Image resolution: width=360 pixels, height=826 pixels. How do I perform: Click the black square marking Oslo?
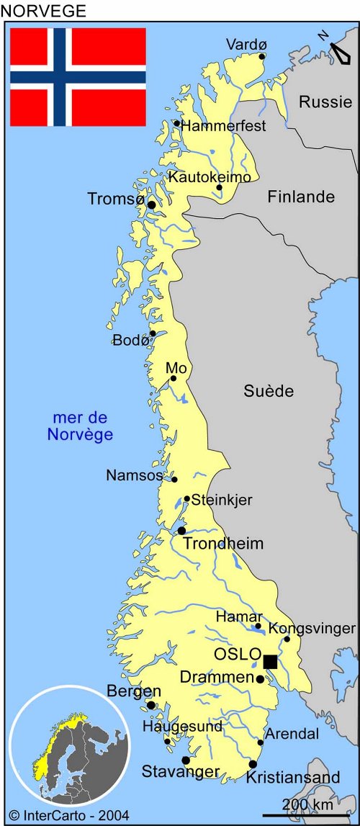(x=270, y=662)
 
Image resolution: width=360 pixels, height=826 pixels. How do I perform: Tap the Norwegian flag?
(x=78, y=77)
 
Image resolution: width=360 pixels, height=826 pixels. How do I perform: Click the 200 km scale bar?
(x=315, y=812)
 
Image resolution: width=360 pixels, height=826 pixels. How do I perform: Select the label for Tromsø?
(x=115, y=199)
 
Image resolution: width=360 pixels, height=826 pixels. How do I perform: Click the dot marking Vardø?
(x=262, y=56)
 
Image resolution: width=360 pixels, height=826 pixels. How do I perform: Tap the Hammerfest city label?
(x=224, y=126)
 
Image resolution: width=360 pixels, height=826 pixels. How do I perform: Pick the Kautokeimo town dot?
(x=220, y=187)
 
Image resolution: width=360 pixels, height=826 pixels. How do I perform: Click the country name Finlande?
(x=302, y=197)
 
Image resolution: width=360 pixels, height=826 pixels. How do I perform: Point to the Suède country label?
(x=269, y=391)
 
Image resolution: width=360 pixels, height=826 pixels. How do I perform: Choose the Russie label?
(x=325, y=102)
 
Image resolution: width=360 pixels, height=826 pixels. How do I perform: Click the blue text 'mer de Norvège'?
(x=80, y=426)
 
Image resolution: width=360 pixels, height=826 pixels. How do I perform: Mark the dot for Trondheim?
(x=181, y=531)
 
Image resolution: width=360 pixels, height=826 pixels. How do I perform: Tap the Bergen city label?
(x=134, y=691)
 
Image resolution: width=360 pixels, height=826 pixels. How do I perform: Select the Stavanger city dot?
(x=185, y=760)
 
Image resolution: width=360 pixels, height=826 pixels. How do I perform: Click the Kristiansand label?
(x=293, y=778)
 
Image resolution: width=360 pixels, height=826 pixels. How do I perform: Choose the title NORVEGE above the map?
(x=43, y=11)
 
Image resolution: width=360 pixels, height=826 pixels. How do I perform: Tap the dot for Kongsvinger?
(x=287, y=639)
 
